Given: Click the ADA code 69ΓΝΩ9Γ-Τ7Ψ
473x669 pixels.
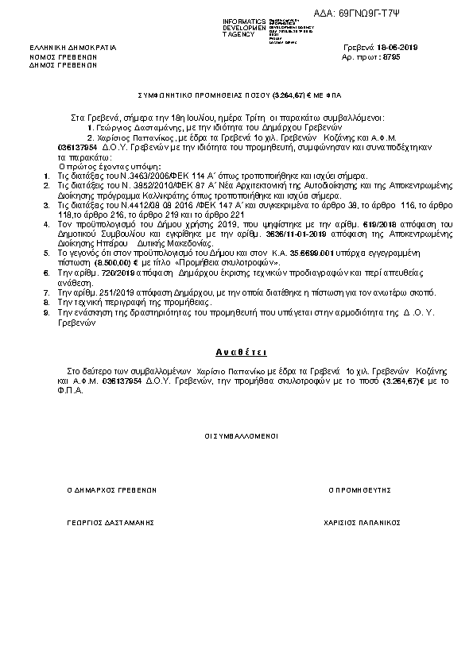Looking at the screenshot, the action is click(x=379, y=13).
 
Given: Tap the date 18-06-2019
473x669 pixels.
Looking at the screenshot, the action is click(x=394, y=48).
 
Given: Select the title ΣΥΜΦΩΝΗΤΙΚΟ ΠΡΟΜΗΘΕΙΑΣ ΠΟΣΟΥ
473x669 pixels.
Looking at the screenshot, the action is click(x=203, y=95).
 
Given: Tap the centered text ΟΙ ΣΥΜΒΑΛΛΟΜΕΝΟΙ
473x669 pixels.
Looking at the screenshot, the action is click(x=236, y=436).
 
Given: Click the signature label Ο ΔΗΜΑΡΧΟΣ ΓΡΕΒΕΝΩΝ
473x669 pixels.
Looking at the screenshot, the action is click(x=112, y=490).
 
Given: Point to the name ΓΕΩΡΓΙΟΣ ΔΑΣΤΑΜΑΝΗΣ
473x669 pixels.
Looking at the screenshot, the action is click(x=110, y=523).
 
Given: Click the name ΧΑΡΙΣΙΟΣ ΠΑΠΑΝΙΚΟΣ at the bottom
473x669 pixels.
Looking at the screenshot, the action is click(x=360, y=523).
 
